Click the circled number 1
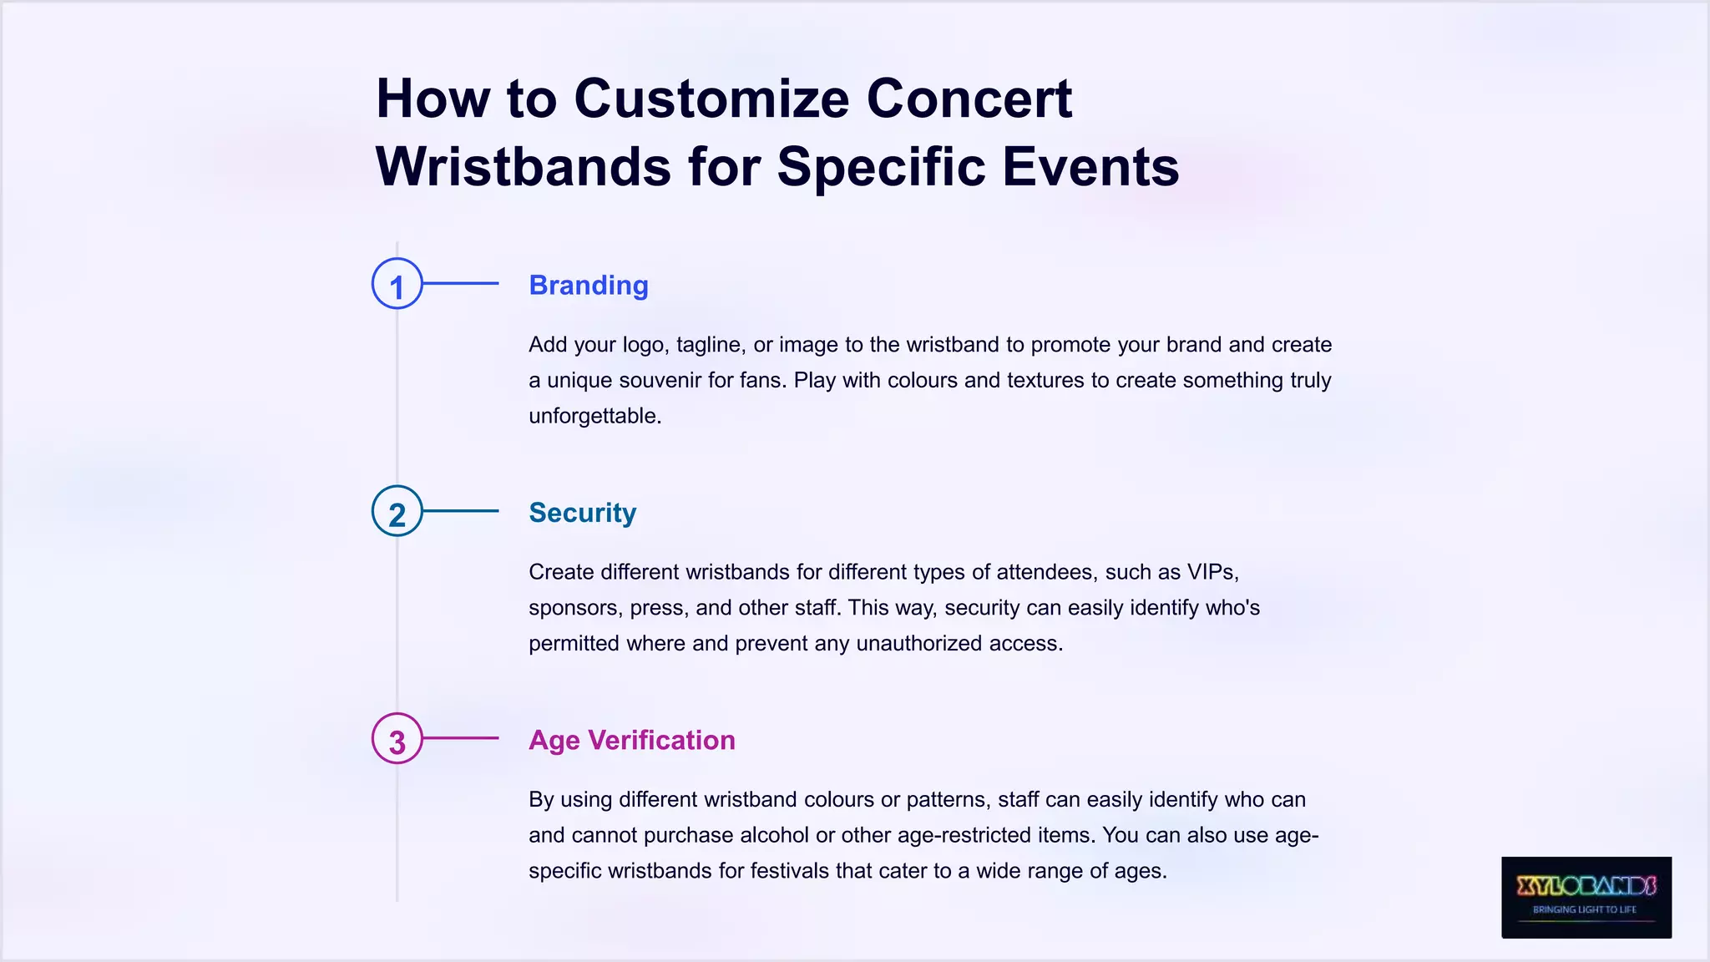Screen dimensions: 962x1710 (397, 285)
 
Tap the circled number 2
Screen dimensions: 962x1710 (397, 512)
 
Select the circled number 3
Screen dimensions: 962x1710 (397, 739)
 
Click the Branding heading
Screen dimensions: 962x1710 (589, 286)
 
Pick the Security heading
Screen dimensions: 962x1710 (582, 513)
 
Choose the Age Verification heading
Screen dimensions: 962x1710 (631, 740)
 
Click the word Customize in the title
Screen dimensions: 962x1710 (711, 99)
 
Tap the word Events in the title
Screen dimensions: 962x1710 (1090, 166)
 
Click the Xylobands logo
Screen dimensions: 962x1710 (1586, 897)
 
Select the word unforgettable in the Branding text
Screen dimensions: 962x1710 (594, 416)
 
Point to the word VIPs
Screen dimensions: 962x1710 (1212, 572)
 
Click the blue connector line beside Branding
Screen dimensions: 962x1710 (460, 284)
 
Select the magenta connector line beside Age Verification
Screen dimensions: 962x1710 (460, 738)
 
